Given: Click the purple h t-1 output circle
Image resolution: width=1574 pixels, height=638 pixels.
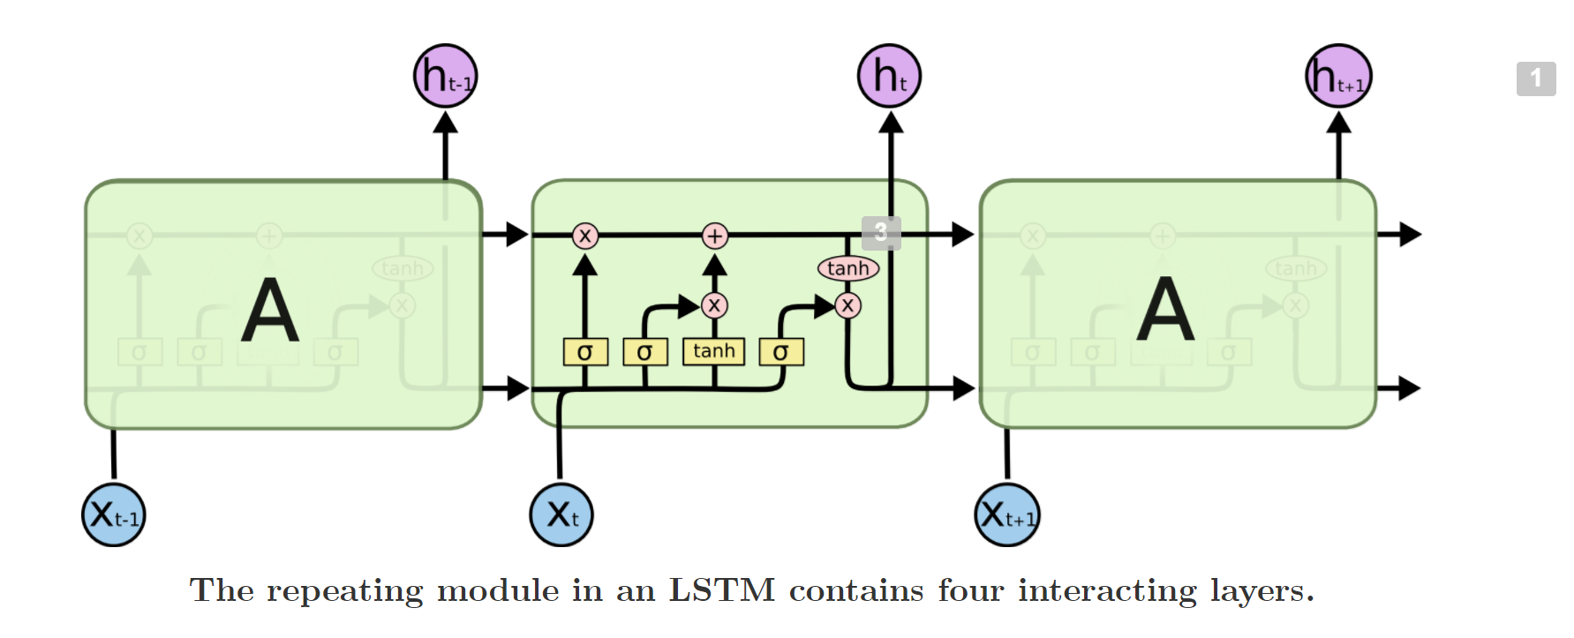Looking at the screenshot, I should [446, 77].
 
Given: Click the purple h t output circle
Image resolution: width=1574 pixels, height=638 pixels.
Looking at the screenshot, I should [889, 77].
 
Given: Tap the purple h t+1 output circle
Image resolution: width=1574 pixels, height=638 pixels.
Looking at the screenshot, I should [1338, 77].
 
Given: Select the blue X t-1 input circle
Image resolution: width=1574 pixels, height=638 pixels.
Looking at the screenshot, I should [114, 514].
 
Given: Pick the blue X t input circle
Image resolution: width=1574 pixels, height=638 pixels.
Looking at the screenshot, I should [561, 514].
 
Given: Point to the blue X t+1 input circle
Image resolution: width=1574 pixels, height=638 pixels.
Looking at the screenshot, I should [1007, 514].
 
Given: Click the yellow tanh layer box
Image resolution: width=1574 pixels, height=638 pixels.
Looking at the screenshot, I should [713, 351].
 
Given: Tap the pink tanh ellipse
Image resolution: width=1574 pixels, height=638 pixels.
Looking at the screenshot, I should [848, 268].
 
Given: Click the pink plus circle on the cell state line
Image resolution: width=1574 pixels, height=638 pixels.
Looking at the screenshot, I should [715, 236].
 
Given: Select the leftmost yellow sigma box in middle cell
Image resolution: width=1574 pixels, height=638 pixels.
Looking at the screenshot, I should [585, 352].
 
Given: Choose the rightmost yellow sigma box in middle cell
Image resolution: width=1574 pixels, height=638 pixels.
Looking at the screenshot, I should [781, 352].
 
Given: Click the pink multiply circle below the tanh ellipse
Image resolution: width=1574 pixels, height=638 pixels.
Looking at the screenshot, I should [847, 305].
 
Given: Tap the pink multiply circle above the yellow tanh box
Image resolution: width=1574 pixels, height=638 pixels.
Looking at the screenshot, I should [714, 305].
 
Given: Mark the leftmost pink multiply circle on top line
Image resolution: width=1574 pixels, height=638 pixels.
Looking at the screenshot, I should [584, 236].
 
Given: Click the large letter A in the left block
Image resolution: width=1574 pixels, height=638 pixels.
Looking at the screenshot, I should [270, 311].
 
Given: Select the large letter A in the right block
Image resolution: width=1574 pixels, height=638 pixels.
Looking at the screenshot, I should [1165, 311].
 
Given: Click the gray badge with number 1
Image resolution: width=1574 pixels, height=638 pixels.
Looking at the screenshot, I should [1536, 79].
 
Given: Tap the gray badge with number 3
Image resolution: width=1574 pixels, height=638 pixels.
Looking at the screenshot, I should [881, 233].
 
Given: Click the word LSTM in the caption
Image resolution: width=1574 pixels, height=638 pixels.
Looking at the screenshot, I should [721, 590].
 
